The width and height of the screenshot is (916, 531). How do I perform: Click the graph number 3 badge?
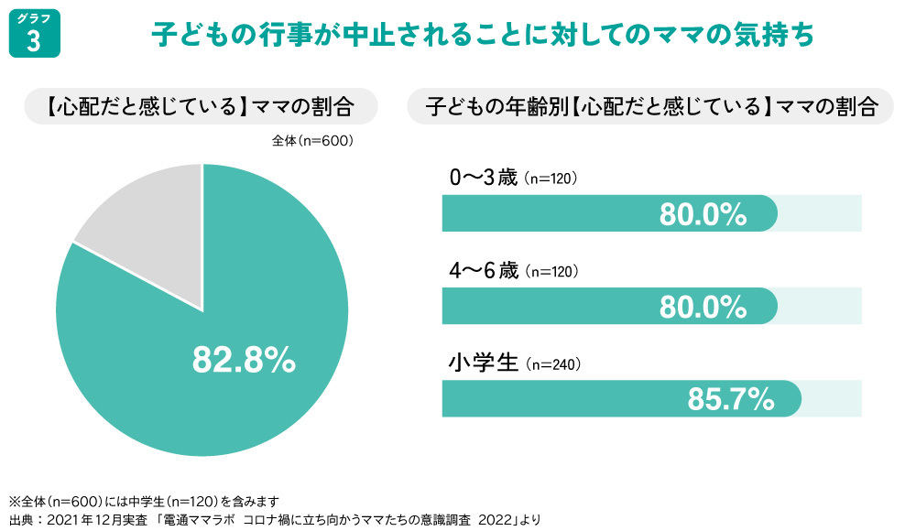[34, 35]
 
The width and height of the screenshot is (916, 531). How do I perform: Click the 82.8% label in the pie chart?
[244, 360]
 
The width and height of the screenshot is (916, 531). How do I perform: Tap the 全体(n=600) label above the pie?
[312, 141]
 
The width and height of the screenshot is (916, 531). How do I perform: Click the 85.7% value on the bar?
[730, 399]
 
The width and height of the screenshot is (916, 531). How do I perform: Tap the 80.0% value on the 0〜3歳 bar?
[703, 214]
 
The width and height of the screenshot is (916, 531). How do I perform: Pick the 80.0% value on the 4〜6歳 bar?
[703, 306]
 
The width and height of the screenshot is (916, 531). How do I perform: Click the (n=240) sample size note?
[553, 364]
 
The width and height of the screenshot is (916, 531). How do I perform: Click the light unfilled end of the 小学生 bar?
[833, 399]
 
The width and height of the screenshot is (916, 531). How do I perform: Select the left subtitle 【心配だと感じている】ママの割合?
[200, 106]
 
